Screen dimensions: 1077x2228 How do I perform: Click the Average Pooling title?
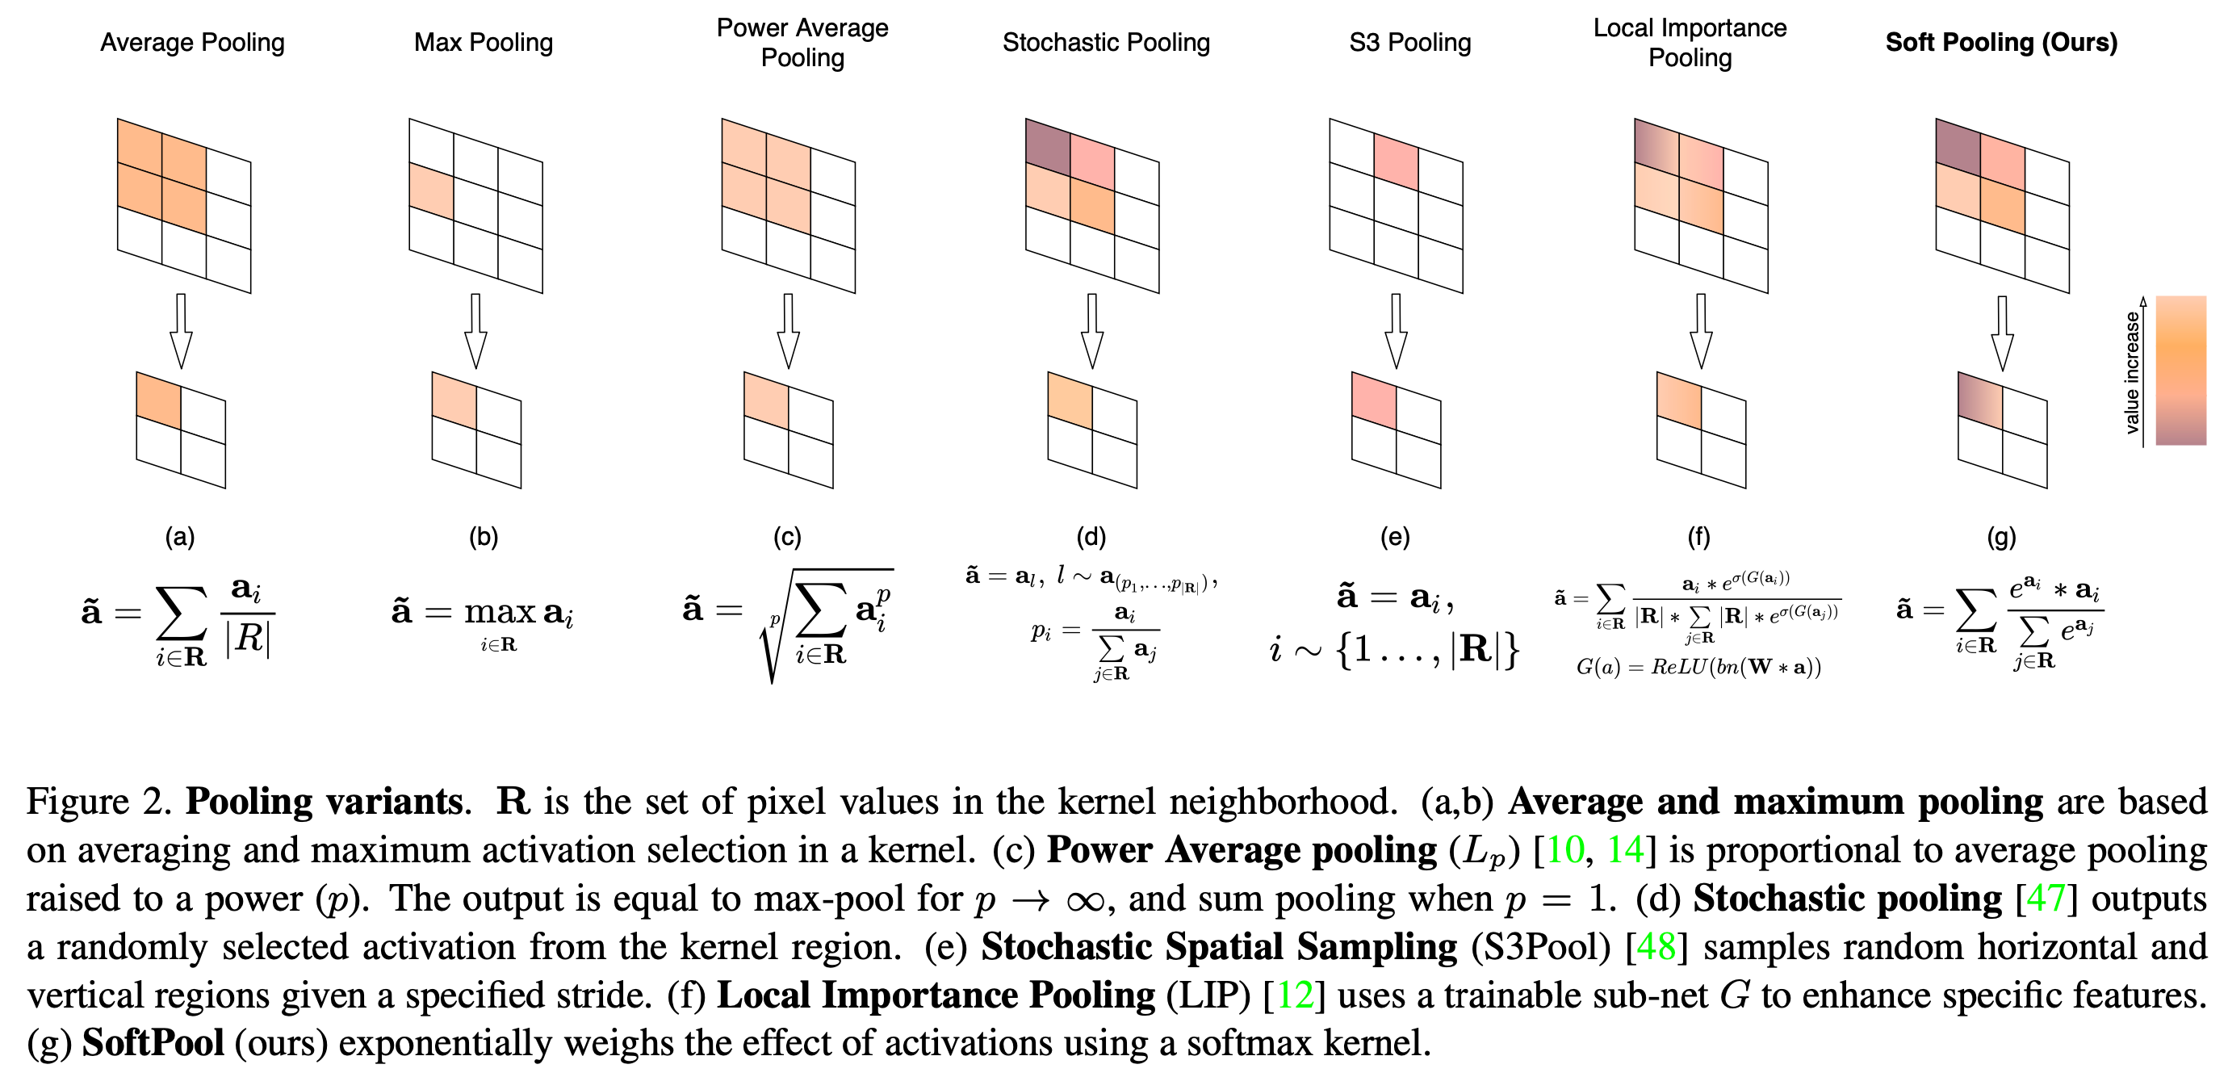tap(192, 43)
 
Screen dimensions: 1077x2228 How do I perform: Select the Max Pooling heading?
tap(483, 43)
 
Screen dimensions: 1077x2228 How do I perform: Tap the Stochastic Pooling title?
tap(1105, 43)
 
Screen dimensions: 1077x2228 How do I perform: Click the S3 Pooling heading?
tap(1409, 43)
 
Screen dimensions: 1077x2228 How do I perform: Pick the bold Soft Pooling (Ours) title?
tap(2000, 43)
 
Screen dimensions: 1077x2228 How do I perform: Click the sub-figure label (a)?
tap(180, 537)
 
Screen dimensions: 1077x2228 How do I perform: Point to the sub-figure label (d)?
tap(1091, 537)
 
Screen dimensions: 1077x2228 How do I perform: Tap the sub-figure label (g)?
tap(2001, 537)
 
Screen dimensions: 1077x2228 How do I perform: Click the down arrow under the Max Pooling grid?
tap(475, 331)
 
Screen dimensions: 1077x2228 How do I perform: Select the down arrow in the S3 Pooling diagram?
tap(1396, 331)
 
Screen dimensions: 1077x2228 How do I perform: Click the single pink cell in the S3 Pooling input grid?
tap(1396, 162)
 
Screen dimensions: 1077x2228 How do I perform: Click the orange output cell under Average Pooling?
tap(159, 400)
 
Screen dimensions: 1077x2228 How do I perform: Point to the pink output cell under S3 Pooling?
tap(1374, 400)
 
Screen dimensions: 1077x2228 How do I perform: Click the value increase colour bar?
tap(2180, 371)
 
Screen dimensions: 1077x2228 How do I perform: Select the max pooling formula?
tap(483, 617)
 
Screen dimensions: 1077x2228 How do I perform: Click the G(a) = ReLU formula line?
tap(1698, 667)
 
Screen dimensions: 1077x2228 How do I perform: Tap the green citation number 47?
tap(2046, 899)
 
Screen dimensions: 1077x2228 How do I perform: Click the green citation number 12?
tap(1295, 995)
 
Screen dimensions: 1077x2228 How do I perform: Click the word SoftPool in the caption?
tap(153, 1043)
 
